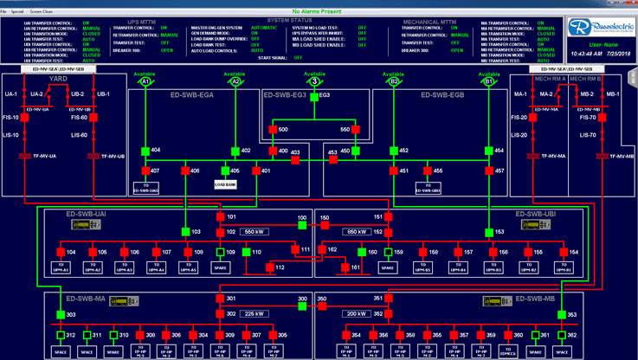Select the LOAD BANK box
point(225,184)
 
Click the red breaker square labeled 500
point(271,129)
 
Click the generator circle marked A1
point(146,83)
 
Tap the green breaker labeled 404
point(145,151)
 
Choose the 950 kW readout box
point(358,232)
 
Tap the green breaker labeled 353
point(570,314)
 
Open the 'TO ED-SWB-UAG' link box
point(146,187)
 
